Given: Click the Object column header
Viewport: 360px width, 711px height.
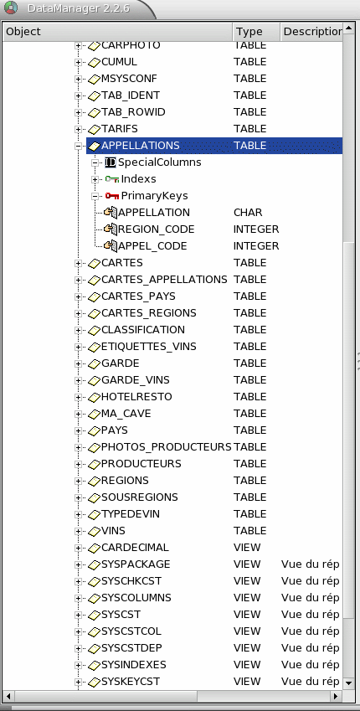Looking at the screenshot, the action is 23,31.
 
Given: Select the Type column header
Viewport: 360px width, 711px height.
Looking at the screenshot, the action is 249,31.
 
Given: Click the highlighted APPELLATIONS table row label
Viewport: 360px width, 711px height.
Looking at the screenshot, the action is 140,146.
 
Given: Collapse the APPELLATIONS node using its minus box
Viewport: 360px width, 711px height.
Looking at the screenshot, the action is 78,146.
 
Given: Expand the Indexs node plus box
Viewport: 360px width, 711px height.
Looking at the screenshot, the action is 95,179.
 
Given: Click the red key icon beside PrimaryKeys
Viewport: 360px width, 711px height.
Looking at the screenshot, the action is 111,196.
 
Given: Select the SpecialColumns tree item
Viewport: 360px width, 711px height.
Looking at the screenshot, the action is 160,162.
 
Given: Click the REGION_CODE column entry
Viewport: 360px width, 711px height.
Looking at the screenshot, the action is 156,229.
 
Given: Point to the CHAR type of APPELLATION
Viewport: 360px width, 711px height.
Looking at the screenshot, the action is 248,213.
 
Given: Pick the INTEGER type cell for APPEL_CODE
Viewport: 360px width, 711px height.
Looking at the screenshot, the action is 256,246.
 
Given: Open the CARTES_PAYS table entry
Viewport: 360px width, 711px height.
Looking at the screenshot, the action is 138,296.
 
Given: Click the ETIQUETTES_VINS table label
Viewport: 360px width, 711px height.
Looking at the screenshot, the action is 149,347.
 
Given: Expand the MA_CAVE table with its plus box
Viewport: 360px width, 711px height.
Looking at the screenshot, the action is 78,414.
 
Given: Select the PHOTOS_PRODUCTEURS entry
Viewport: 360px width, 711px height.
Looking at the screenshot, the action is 166,447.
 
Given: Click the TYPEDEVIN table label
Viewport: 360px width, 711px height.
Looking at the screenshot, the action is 131,514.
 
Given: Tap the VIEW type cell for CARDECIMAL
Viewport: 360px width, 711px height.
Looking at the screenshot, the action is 247,548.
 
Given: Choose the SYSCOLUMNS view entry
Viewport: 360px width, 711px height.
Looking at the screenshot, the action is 136,598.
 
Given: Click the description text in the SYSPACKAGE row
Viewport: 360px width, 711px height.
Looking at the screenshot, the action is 310,564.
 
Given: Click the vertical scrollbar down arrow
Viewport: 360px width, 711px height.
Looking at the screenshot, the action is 348,683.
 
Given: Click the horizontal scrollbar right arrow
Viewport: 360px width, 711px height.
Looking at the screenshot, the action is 336,696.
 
